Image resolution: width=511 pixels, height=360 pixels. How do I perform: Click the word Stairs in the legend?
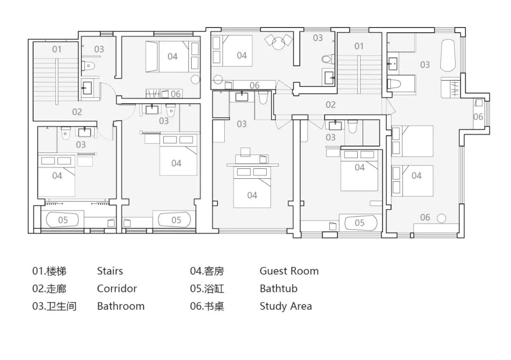[x=110, y=271]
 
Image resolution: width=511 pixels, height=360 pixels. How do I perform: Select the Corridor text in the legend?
[x=117, y=289]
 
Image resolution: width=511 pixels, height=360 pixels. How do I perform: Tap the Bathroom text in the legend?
[x=121, y=306]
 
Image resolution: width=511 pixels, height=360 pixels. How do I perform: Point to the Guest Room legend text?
[x=289, y=271]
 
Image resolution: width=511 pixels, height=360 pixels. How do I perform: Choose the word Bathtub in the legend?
[x=278, y=289]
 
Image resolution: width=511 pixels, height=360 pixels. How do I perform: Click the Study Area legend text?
[x=285, y=306]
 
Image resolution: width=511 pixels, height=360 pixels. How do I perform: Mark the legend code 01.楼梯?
[x=49, y=271]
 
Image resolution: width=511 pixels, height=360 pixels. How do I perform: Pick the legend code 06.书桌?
[x=207, y=306]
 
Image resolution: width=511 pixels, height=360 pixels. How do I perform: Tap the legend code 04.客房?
[x=207, y=271]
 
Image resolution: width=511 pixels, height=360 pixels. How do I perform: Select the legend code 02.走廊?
[x=49, y=289]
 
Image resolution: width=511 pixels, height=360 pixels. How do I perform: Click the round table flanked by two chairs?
[x=279, y=44]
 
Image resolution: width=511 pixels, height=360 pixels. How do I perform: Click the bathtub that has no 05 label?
[x=448, y=56]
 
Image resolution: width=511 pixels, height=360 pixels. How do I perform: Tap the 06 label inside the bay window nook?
[x=478, y=117]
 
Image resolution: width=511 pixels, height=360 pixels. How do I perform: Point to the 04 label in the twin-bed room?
[x=416, y=176]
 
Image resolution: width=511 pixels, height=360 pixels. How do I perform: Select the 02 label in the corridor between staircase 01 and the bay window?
[x=330, y=105]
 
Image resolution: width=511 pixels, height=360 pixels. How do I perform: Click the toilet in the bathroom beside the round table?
[x=327, y=59]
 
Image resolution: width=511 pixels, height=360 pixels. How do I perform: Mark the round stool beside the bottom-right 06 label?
[x=441, y=218]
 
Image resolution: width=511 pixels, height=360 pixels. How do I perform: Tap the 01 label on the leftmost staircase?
[x=57, y=49]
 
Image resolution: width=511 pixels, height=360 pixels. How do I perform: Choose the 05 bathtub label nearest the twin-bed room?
[x=360, y=223]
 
